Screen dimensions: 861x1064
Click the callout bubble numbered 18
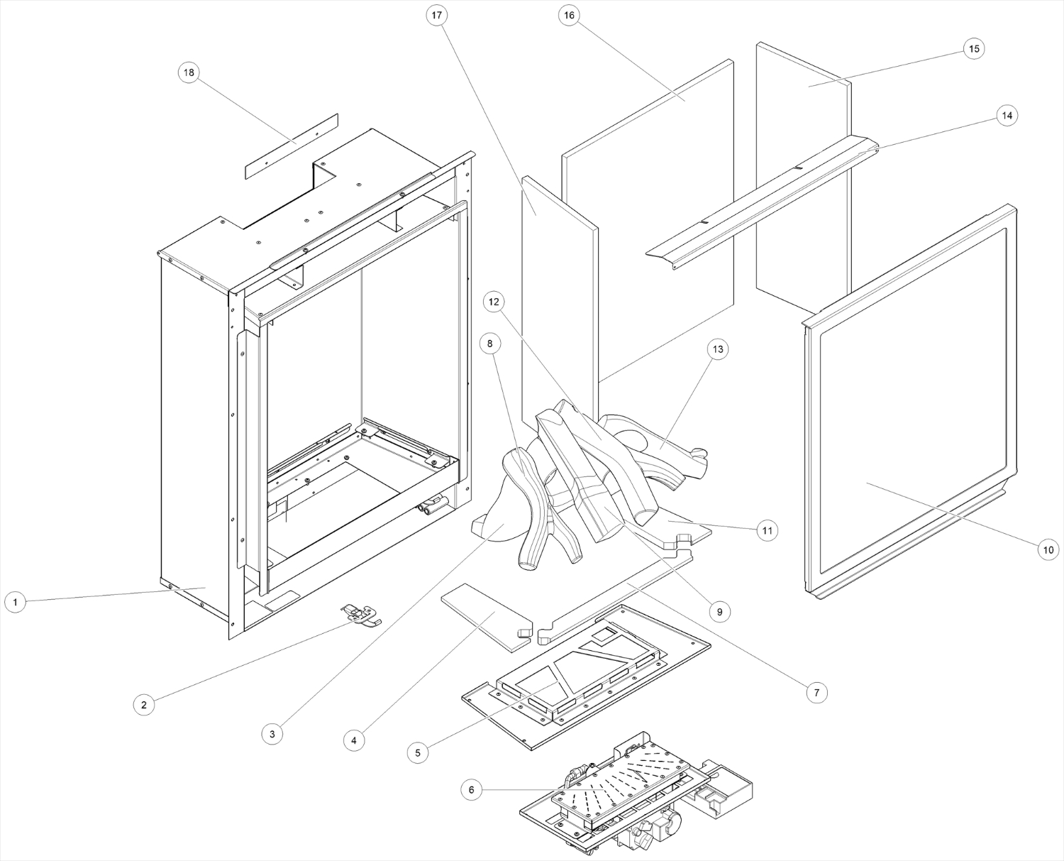click(x=189, y=72)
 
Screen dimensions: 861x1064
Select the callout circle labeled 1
click(x=15, y=603)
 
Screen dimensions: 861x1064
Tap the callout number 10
click(x=1048, y=549)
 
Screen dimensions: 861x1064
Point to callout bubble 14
click(x=1006, y=115)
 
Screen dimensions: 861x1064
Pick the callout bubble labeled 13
click(x=719, y=349)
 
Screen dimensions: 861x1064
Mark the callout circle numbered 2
click(x=144, y=704)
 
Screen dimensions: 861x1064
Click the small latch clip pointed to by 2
click(x=360, y=615)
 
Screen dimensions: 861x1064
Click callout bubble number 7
click(x=816, y=692)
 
